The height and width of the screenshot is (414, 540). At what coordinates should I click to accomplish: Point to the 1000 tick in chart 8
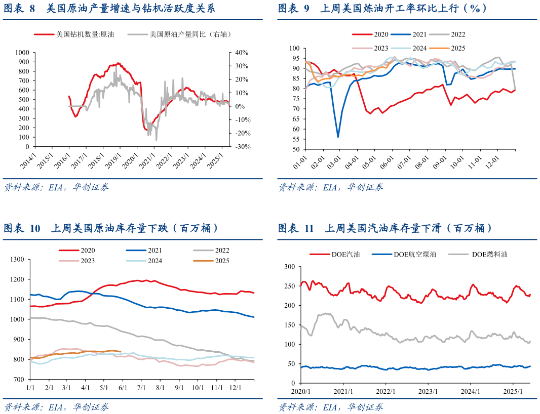pyautogui.click(x=22, y=52)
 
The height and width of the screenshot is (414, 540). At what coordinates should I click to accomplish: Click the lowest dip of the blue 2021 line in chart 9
pyautogui.click(x=338, y=137)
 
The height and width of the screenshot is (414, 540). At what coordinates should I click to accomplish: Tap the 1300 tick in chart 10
pyautogui.click(x=17, y=260)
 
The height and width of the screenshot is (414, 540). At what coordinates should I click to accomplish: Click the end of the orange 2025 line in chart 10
pyautogui.click(x=120, y=351)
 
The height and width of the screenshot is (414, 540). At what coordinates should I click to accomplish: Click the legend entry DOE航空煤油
pyautogui.click(x=414, y=254)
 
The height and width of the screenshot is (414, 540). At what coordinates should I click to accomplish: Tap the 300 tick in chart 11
pyautogui.click(x=290, y=266)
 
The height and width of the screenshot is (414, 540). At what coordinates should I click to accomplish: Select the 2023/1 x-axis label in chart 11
pyautogui.click(x=428, y=391)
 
